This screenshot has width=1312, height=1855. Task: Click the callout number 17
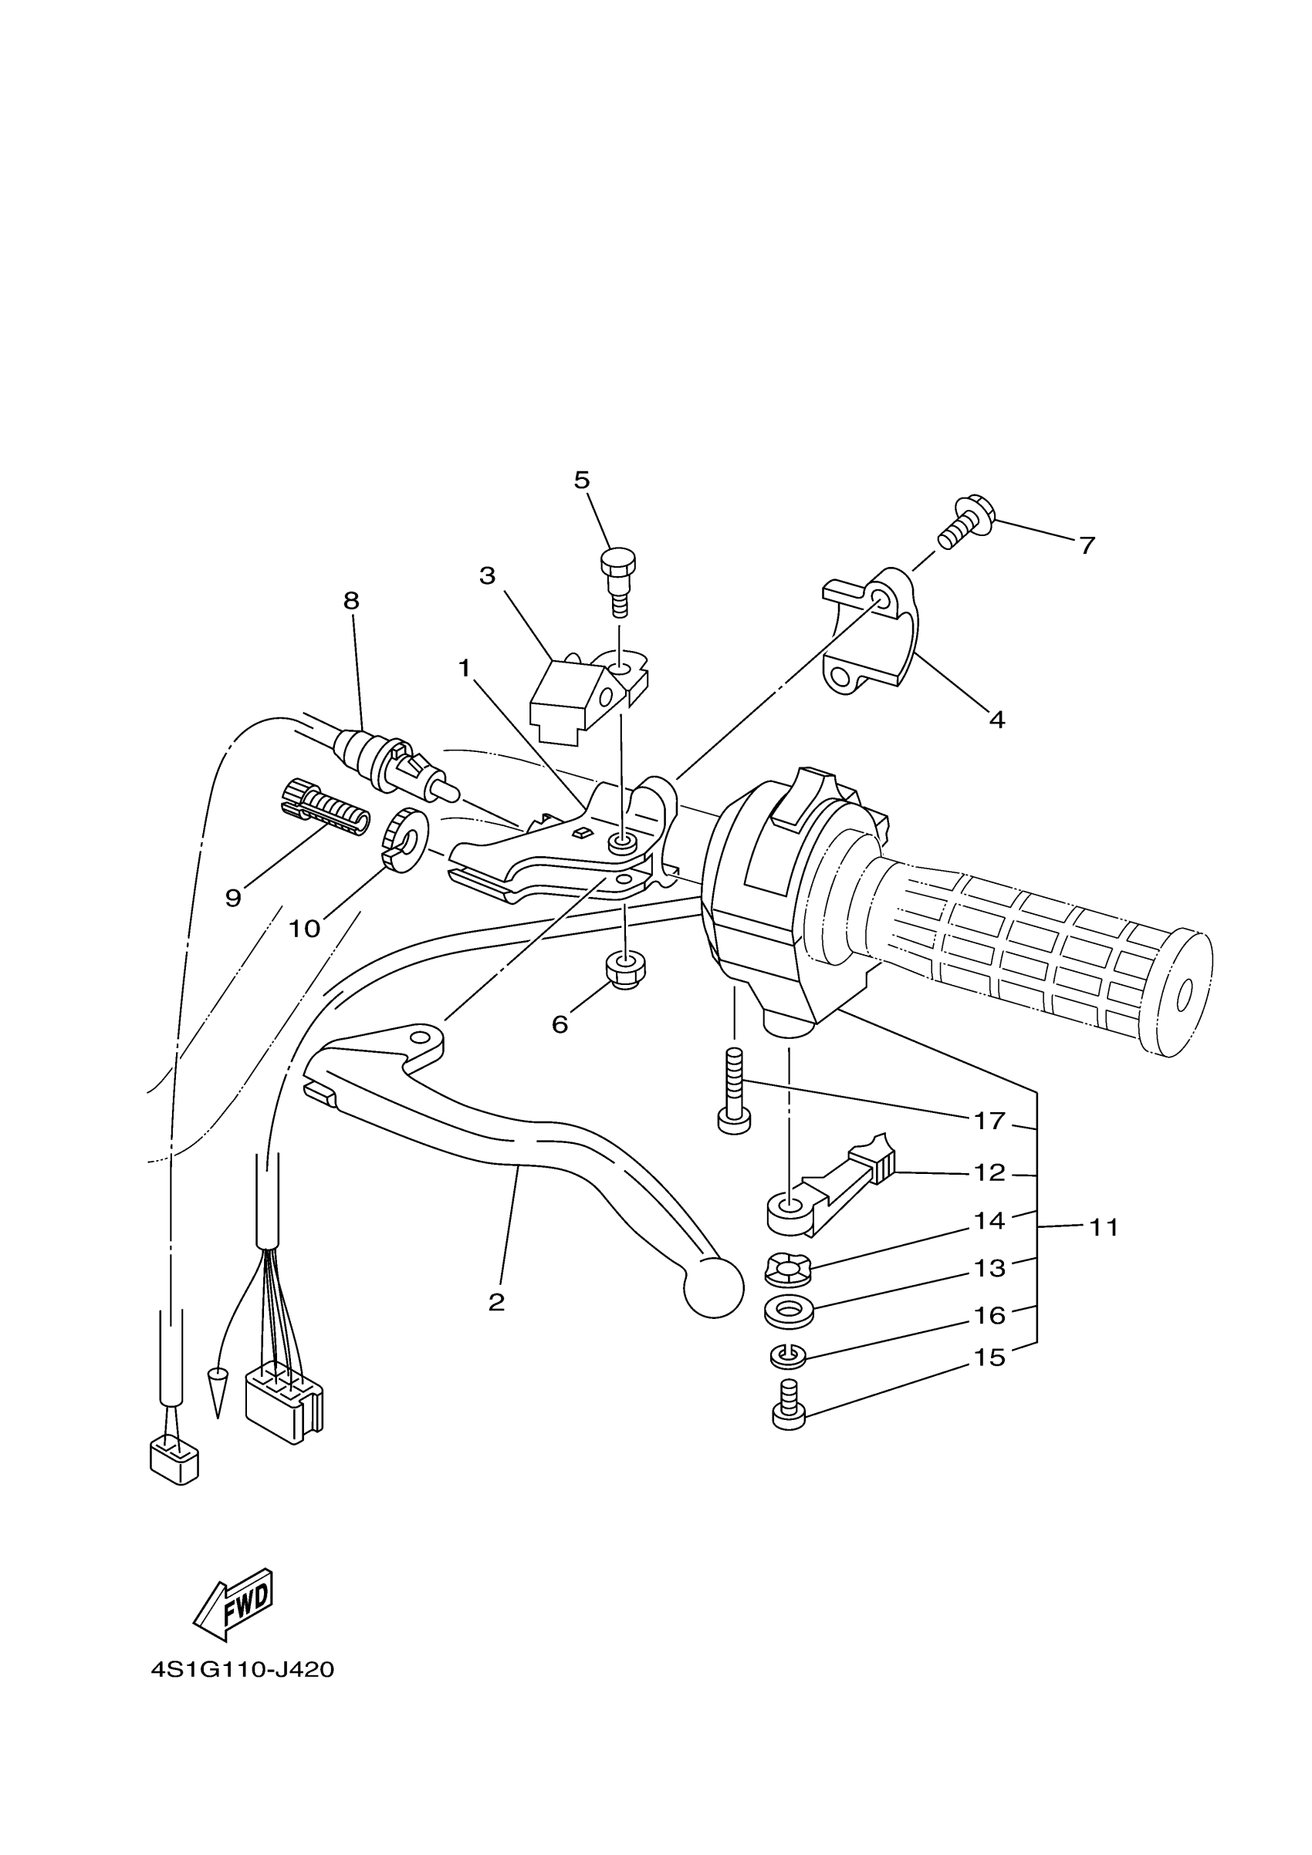click(989, 1121)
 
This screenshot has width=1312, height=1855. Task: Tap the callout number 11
click(1104, 1227)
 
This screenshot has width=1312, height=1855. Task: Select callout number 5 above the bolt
click(581, 480)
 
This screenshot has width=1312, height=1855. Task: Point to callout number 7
click(1087, 545)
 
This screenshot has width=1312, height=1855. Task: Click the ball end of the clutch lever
click(713, 1288)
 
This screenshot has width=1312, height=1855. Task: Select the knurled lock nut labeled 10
click(404, 841)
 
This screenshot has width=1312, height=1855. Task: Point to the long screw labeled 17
click(733, 1092)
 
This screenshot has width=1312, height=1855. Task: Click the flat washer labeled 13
click(789, 1310)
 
